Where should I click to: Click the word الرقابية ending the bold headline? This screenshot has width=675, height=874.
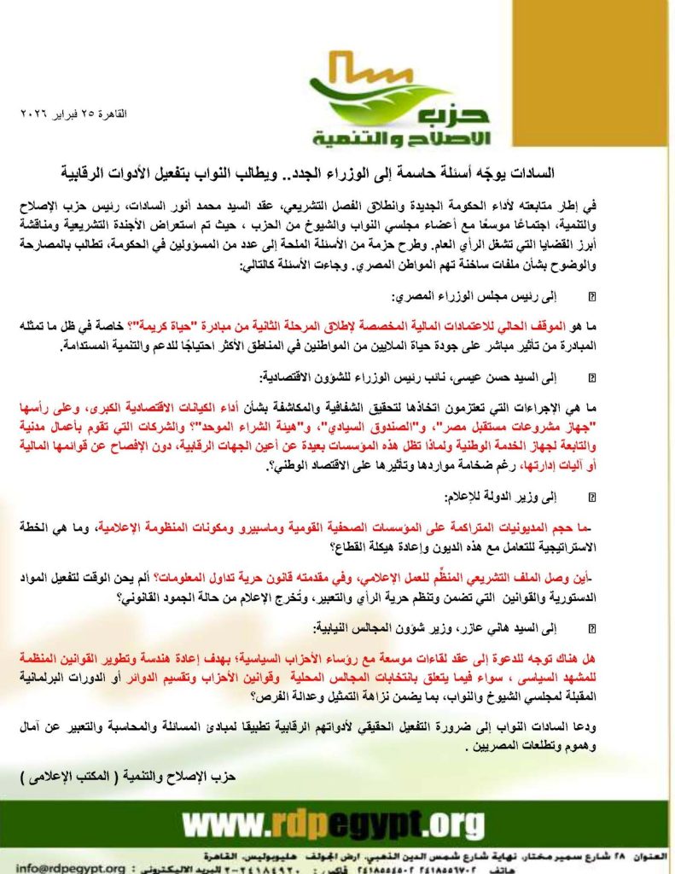coord(151,173)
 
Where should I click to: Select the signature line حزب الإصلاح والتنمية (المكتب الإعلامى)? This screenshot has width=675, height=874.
coord(128,778)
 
